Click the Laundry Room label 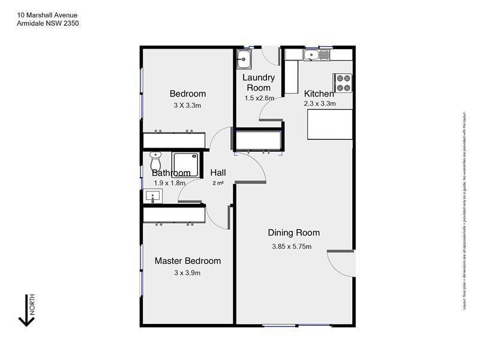[x=259, y=82]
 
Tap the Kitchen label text [x=319, y=94]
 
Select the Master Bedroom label [x=188, y=261]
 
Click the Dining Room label [x=293, y=233]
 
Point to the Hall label [x=218, y=173]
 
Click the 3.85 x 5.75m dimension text [x=292, y=247]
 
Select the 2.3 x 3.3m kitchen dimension [x=319, y=103]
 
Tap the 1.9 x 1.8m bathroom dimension [x=169, y=183]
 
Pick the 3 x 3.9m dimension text [x=187, y=273]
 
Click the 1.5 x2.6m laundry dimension [x=259, y=98]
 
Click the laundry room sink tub [x=244, y=59]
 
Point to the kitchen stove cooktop [x=342, y=82]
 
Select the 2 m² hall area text [x=218, y=184]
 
